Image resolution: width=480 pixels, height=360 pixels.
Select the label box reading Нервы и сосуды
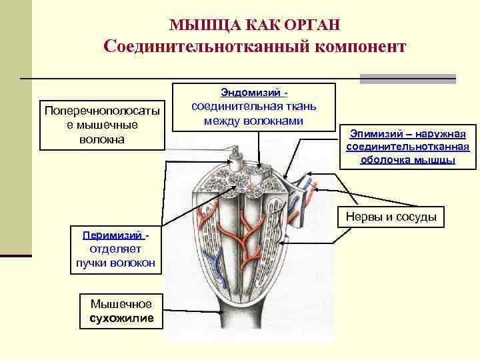pyautogui.click(x=391, y=217)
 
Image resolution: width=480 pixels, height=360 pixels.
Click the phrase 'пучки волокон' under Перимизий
pyautogui.click(x=115, y=263)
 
